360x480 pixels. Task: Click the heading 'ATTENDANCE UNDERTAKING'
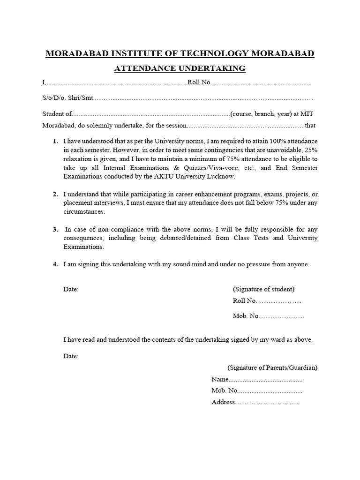[x=180, y=68]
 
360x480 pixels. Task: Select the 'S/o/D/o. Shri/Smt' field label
[x=68, y=98]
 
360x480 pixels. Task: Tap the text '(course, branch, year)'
[x=259, y=114]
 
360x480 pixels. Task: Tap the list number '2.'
[x=55, y=194]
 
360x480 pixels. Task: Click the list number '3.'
[x=55, y=229]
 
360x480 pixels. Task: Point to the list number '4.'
[x=55, y=264]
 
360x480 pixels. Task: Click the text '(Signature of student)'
[x=264, y=289]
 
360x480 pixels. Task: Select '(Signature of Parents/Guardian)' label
[x=272, y=367]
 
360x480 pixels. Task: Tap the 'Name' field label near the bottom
[x=220, y=379]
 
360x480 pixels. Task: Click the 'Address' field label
[x=223, y=402]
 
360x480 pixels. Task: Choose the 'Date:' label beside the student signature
[x=71, y=289]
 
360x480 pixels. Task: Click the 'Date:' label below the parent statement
[x=71, y=356]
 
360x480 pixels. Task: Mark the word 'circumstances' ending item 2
[x=84, y=212]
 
